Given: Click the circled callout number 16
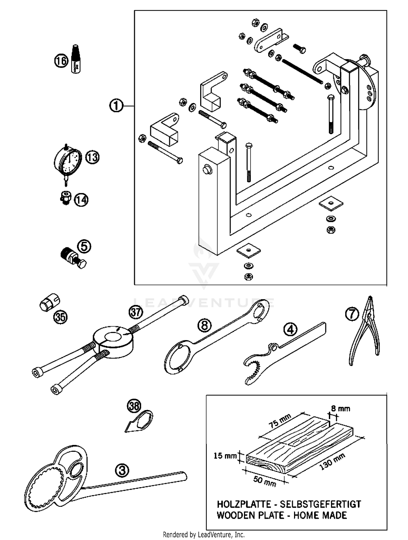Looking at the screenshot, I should tap(61, 61).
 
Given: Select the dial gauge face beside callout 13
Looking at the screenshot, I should tap(69, 160).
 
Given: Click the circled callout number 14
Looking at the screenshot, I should tap(81, 200).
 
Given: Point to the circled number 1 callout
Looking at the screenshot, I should tap(116, 105).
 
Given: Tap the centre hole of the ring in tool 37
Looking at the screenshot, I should tap(113, 337).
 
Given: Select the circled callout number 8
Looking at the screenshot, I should tap(205, 325).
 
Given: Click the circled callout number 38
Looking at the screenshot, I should tap(134, 407).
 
